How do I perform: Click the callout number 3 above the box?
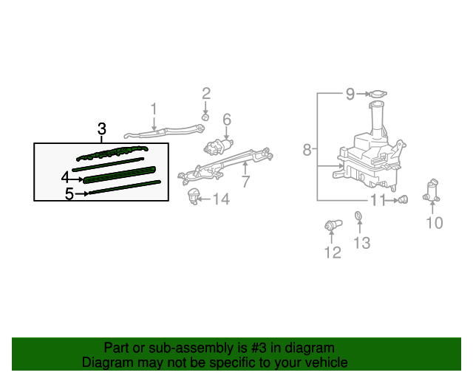[102, 130]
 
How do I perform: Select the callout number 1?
[154, 110]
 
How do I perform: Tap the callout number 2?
[206, 94]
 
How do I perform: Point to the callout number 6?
[227, 120]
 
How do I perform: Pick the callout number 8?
[307, 151]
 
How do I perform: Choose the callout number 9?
[351, 94]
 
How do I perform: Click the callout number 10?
[435, 222]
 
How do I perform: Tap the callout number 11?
[378, 200]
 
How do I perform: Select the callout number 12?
[332, 252]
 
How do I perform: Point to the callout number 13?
[361, 243]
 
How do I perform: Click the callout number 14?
[221, 199]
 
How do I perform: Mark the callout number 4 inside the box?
[65, 177]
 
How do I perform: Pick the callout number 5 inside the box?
[69, 194]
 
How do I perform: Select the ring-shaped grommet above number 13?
[358, 216]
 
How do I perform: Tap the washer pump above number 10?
[432, 190]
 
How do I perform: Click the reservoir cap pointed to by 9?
[380, 94]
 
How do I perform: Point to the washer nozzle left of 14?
[194, 196]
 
